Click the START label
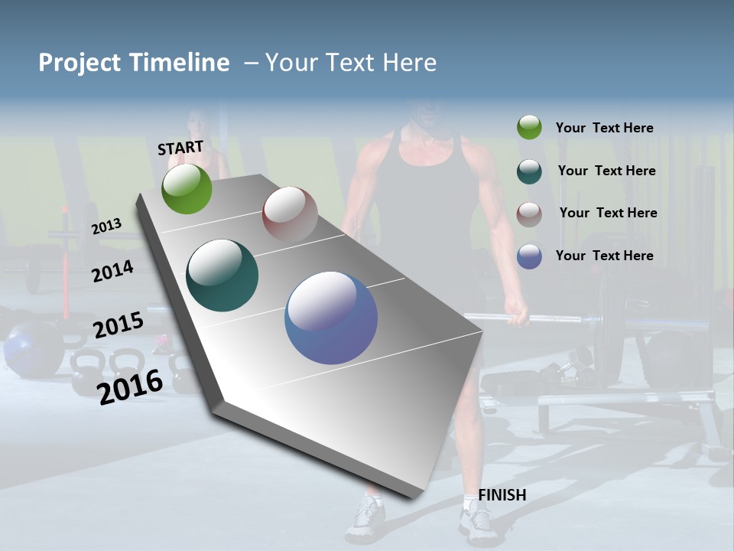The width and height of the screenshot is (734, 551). (x=180, y=148)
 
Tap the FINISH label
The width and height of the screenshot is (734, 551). (x=502, y=495)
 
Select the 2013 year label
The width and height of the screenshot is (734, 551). (x=106, y=226)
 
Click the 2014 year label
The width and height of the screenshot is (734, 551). (x=112, y=271)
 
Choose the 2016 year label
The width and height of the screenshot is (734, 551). (x=130, y=386)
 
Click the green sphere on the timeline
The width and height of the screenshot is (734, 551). (x=187, y=189)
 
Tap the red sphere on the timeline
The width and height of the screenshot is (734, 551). (x=290, y=214)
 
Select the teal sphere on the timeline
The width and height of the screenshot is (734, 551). (x=222, y=275)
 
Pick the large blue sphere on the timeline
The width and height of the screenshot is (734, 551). (x=331, y=318)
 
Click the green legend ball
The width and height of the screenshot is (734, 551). (x=529, y=127)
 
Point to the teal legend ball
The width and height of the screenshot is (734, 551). (x=529, y=171)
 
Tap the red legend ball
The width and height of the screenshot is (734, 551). (x=529, y=214)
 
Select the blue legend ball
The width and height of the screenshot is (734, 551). (x=529, y=256)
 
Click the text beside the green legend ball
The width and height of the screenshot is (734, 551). (x=604, y=128)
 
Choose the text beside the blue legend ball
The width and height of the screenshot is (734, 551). (x=604, y=256)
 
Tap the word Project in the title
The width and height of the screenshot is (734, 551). (x=79, y=63)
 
